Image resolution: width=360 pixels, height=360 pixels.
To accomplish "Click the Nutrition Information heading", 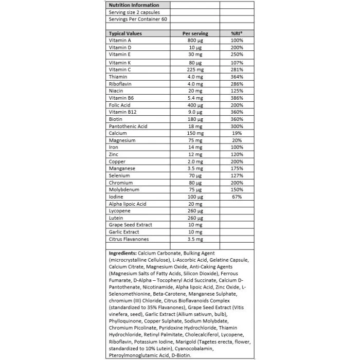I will tap(133, 5).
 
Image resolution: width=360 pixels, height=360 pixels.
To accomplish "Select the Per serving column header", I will tap(195, 33).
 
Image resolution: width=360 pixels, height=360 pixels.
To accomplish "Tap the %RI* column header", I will tap(237, 33).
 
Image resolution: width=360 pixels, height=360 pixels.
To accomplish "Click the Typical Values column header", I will tap(125, 33).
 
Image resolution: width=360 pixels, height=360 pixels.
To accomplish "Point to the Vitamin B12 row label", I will tap(122, 112).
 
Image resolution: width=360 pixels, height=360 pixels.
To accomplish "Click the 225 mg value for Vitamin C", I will tap(195, 69).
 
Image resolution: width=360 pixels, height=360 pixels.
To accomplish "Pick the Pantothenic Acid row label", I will tap(128, 126).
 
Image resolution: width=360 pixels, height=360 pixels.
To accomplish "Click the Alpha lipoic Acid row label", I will tap(128, 204).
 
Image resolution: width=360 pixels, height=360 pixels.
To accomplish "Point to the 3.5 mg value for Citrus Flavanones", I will tap(195, 239).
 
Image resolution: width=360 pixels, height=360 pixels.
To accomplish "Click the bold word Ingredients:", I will tap(122, 254).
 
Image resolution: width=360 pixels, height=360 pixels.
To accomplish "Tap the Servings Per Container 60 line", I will tap(137, 19).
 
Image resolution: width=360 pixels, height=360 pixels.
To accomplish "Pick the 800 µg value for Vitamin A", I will tap(195, 40).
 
